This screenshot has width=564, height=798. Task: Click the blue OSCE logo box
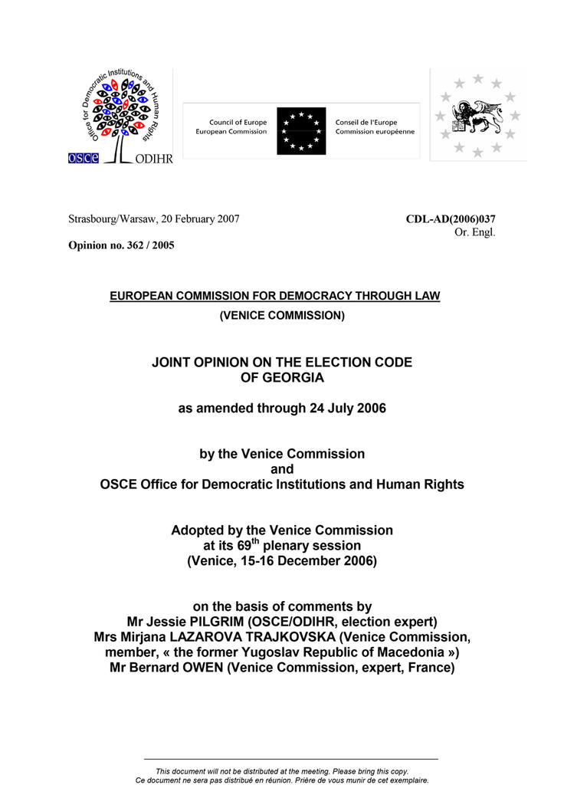point(82,158)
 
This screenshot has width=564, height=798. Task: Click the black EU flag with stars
point(301,131)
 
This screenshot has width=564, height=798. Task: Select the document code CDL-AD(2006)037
point(451,219)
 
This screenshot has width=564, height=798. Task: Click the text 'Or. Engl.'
point(475,232)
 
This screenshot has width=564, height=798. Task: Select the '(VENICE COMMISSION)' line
point(282,315)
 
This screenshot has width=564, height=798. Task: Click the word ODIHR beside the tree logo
point(152,159)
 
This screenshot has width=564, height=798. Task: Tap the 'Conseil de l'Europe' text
point(365,123)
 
